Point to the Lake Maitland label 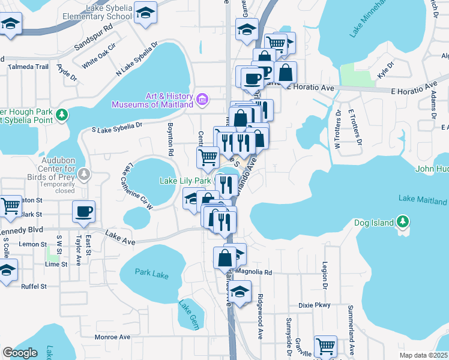(423, 200)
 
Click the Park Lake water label (152, 273)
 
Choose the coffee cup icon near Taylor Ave (83, 211)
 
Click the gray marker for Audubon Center (85, 174)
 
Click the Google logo (20, 353)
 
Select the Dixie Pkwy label (315, 305)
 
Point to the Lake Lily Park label (185, 180)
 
